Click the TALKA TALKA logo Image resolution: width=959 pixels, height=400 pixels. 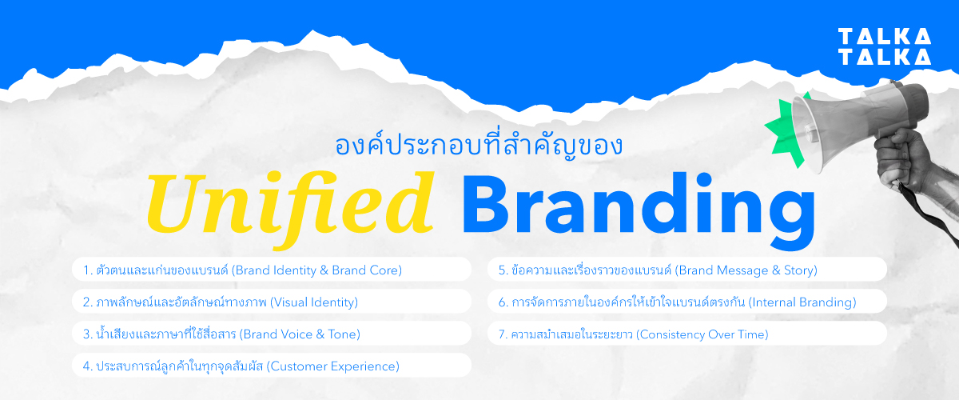(x=884, y=46)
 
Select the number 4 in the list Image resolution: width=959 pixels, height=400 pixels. (x=85, y=366)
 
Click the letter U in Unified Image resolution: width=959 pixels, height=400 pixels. (x=174, y=204)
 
